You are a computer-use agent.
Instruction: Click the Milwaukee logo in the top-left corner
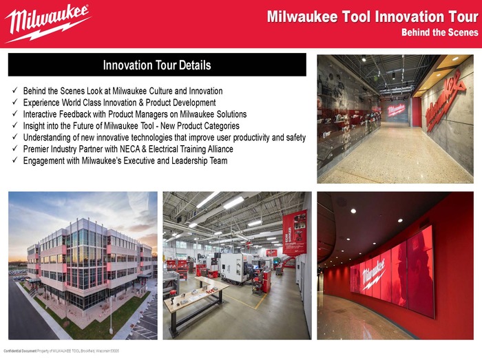[x=47, y=22]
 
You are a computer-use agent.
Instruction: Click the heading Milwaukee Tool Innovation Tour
[x=372, y=17]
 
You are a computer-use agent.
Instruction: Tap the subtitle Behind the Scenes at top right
[x=440, y=32]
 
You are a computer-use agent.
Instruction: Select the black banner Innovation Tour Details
[x=157, y=65]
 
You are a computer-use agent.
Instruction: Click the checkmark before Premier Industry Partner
[x=15, y=149]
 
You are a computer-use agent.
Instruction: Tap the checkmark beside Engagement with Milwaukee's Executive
[x=15, y=161]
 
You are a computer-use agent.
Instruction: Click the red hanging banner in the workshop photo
[x=295, y=232]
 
